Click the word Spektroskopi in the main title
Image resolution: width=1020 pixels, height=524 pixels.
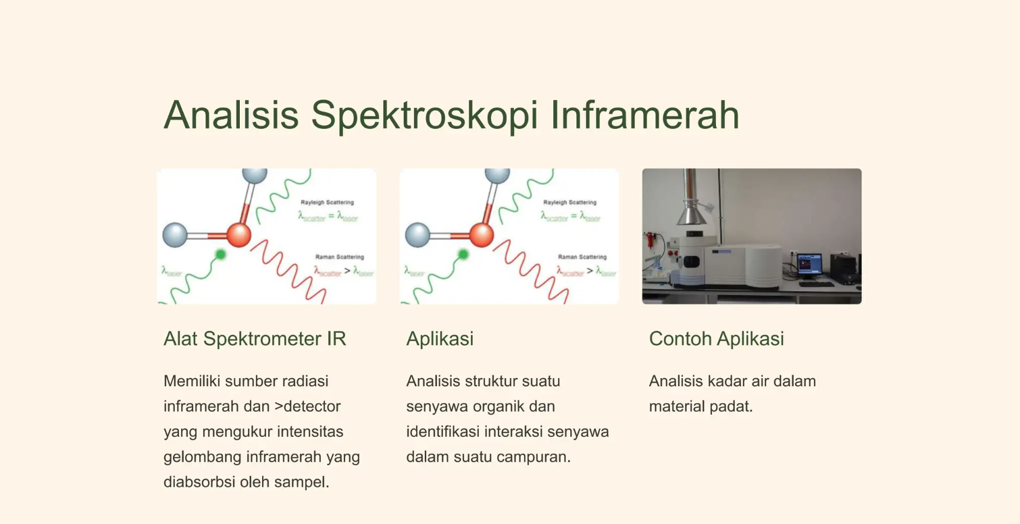pos(424,115)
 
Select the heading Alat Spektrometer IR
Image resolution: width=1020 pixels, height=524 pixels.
pos(255,338)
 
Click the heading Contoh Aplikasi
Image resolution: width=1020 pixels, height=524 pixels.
pos(716,338)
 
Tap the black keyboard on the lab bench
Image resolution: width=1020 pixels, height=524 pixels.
pos(815,284)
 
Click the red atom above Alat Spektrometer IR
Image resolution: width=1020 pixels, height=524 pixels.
pos(238,236)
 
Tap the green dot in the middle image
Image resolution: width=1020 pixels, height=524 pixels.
pos(463,255)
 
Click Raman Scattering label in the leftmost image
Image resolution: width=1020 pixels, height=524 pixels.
pos(339,257)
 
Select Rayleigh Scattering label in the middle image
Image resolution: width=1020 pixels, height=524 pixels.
pos(569,202)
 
